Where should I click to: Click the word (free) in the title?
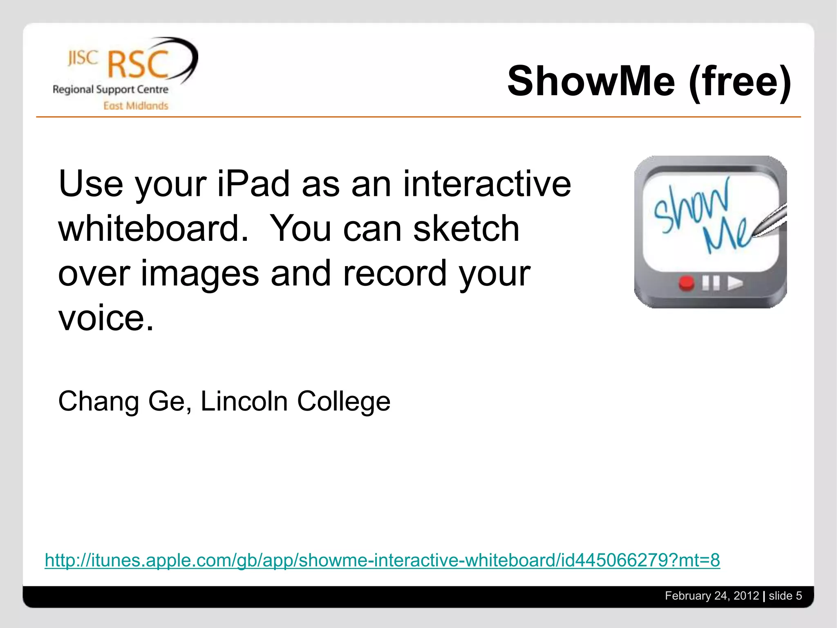coord(740,82)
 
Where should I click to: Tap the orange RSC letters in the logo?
coord(138,65)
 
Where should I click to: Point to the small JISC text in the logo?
coord(83,58)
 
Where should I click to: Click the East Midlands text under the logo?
coord(136,106)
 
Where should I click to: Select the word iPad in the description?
coord(254,184)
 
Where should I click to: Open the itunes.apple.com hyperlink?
coord(382,560)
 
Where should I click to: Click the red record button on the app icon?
coord(687,283)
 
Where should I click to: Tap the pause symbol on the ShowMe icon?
coord(711,283)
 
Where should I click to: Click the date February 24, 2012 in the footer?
coord(712,596)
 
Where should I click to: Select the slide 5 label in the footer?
coord(785,596)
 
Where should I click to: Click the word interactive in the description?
coord(487,184)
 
